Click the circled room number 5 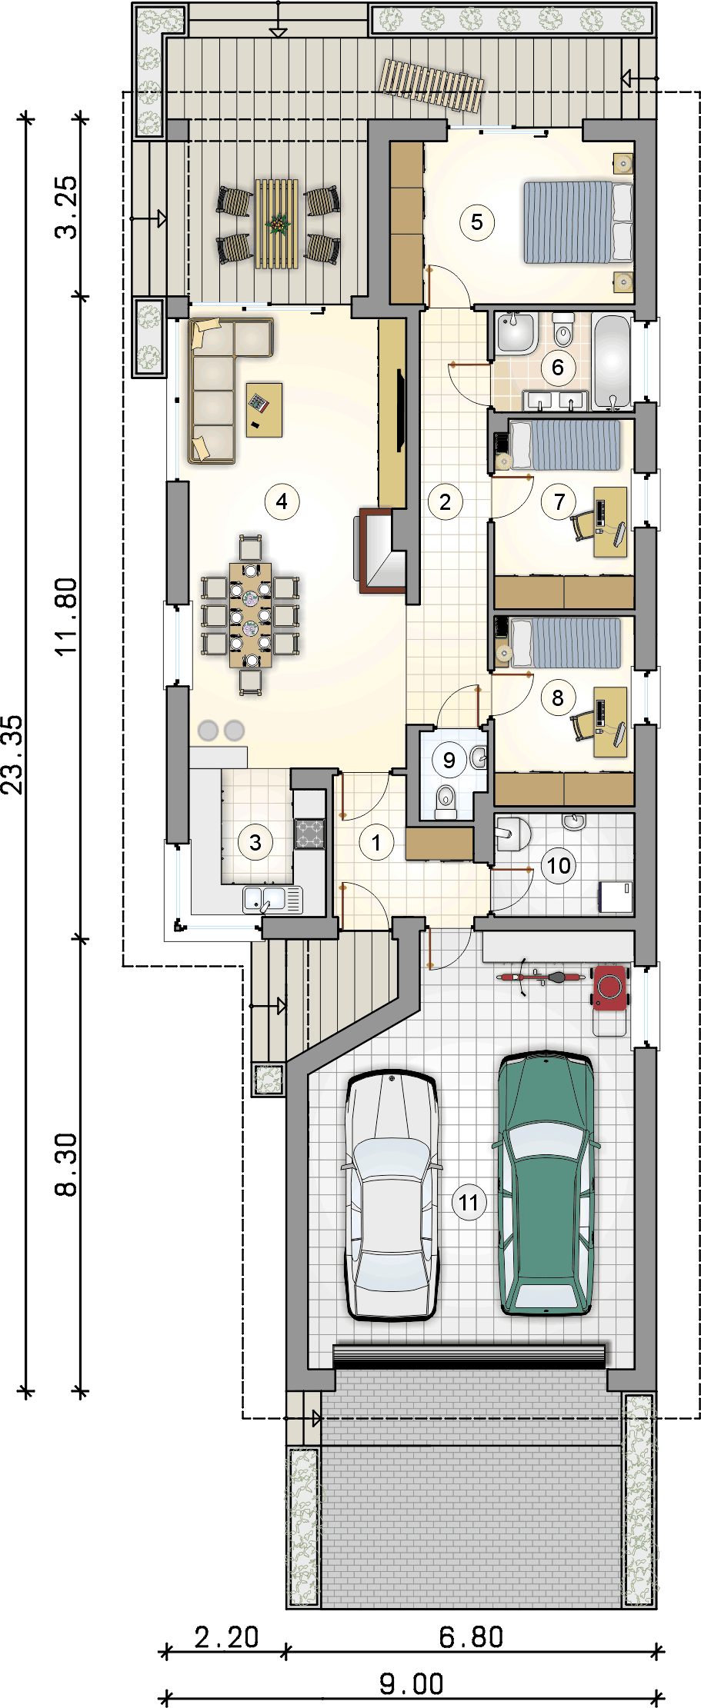pyautogui.click(x=477, y=222)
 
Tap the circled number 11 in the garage pyautogui.click(x=469, y=1203)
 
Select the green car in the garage pyautogui.click(x=546, y=1184)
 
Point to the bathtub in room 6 pyautogui.click(x=613, y=361)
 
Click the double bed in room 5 pyautogui.click(x=578, y=222)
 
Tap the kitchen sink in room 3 pyautogui.click(x=273, y=899)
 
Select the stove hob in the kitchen pyautogui.click(x=310, y=834)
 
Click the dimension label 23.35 pyautogui.click(x=13, y=754)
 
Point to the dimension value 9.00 pyautogui.click(x=412, y=1684)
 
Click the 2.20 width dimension pyautogui.click(x=226, y=1637)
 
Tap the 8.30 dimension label pyautogui.click(x=67, y=1165)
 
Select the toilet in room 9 pyautogui.click(x=446, y=800)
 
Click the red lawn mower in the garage pyautogui.click(x=611, y=987)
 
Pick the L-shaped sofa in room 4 pyautogui.click(x=223, y=388)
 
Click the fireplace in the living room pyautogui.click(x=381, y=550)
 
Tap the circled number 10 pyautogui.click(x=559, y=866)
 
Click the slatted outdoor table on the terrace pyautogui.click(x=277, y=224)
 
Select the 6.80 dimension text pyautogui.click(x=471, y=1637)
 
